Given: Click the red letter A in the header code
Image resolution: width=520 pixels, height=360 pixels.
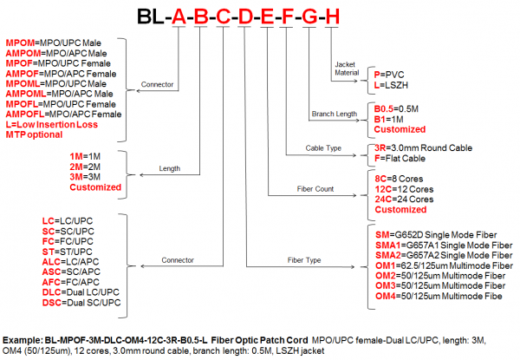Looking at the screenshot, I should pos(179,16).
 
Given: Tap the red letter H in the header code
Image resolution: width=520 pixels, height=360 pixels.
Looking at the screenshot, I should pos(334,16).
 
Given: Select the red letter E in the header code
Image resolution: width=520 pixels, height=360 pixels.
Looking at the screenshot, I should pos(268,16).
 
